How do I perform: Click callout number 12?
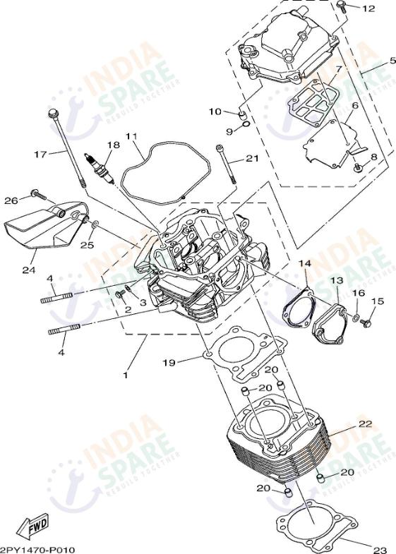pyautogui.click(x=368, y=8)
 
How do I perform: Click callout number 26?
pyautogui.click(x=10, y=200)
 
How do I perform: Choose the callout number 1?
pyautogui.click(x=126, y=375)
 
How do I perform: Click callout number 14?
pyautogui.click(x=304, y=263)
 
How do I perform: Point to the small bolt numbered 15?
pyautogui.click(x=366, y=323)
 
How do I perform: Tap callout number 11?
pyautogui.click(x=131, y=136)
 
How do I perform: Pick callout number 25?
pyautogui.click(x=86, y=245)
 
